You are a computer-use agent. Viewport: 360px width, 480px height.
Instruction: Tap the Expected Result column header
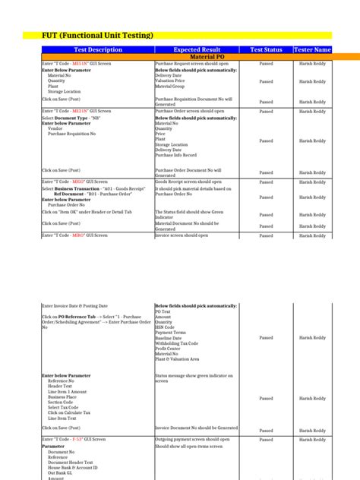(197, 49)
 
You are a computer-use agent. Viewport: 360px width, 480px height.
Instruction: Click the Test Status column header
(266, 49)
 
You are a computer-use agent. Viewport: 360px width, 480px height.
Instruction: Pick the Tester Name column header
(312, 49)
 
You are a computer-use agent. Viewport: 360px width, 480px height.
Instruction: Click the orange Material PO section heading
(197, 57)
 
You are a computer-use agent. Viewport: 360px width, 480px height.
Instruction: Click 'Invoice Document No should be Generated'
(196, 428)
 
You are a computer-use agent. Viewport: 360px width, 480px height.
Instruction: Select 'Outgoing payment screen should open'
(192, 440)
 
